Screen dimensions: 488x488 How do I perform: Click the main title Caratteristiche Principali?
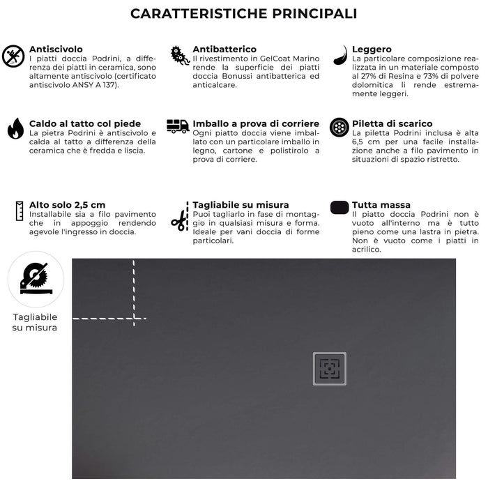[x=244, y=14]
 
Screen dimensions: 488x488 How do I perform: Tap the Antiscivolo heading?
[x=56, y=49]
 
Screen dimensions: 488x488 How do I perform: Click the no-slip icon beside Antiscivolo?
[x=13, y=56]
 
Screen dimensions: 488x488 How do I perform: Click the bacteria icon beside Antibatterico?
[x=179, y=56]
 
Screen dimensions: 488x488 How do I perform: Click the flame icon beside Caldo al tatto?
[x=15, y=128]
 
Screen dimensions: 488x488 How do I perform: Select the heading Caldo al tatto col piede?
[x=84, y=123]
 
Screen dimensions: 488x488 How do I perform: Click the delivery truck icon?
[x=178, y=126]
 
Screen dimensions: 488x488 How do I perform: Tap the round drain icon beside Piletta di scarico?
[x=340, y=127]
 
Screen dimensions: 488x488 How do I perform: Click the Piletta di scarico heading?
[x=392, y=123]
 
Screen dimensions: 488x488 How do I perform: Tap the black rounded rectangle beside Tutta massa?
[x=340, y=207]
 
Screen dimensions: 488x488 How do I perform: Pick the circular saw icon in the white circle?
[x=35, y=279]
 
